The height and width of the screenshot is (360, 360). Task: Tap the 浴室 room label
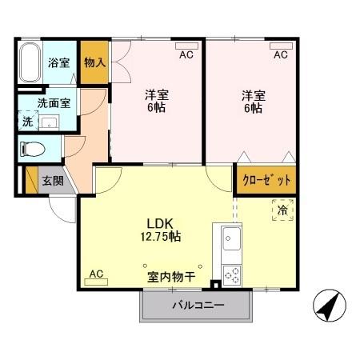click(58, 63)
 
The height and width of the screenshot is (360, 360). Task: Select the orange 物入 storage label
click(94, 62)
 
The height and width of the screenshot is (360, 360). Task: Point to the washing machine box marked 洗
click(27, 122)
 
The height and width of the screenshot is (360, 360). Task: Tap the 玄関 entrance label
click(54, 181)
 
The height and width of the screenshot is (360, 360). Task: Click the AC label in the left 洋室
click(186, 55)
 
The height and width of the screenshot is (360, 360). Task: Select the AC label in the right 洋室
click(280, 55)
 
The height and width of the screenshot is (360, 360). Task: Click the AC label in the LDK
click(96, 274)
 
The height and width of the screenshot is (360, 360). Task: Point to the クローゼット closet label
click(266, 180)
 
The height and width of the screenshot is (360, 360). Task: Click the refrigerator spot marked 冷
click(282, 210)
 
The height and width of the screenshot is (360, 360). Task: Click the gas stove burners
click(231, 274)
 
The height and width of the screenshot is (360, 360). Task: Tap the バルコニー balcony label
click(198, 305)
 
